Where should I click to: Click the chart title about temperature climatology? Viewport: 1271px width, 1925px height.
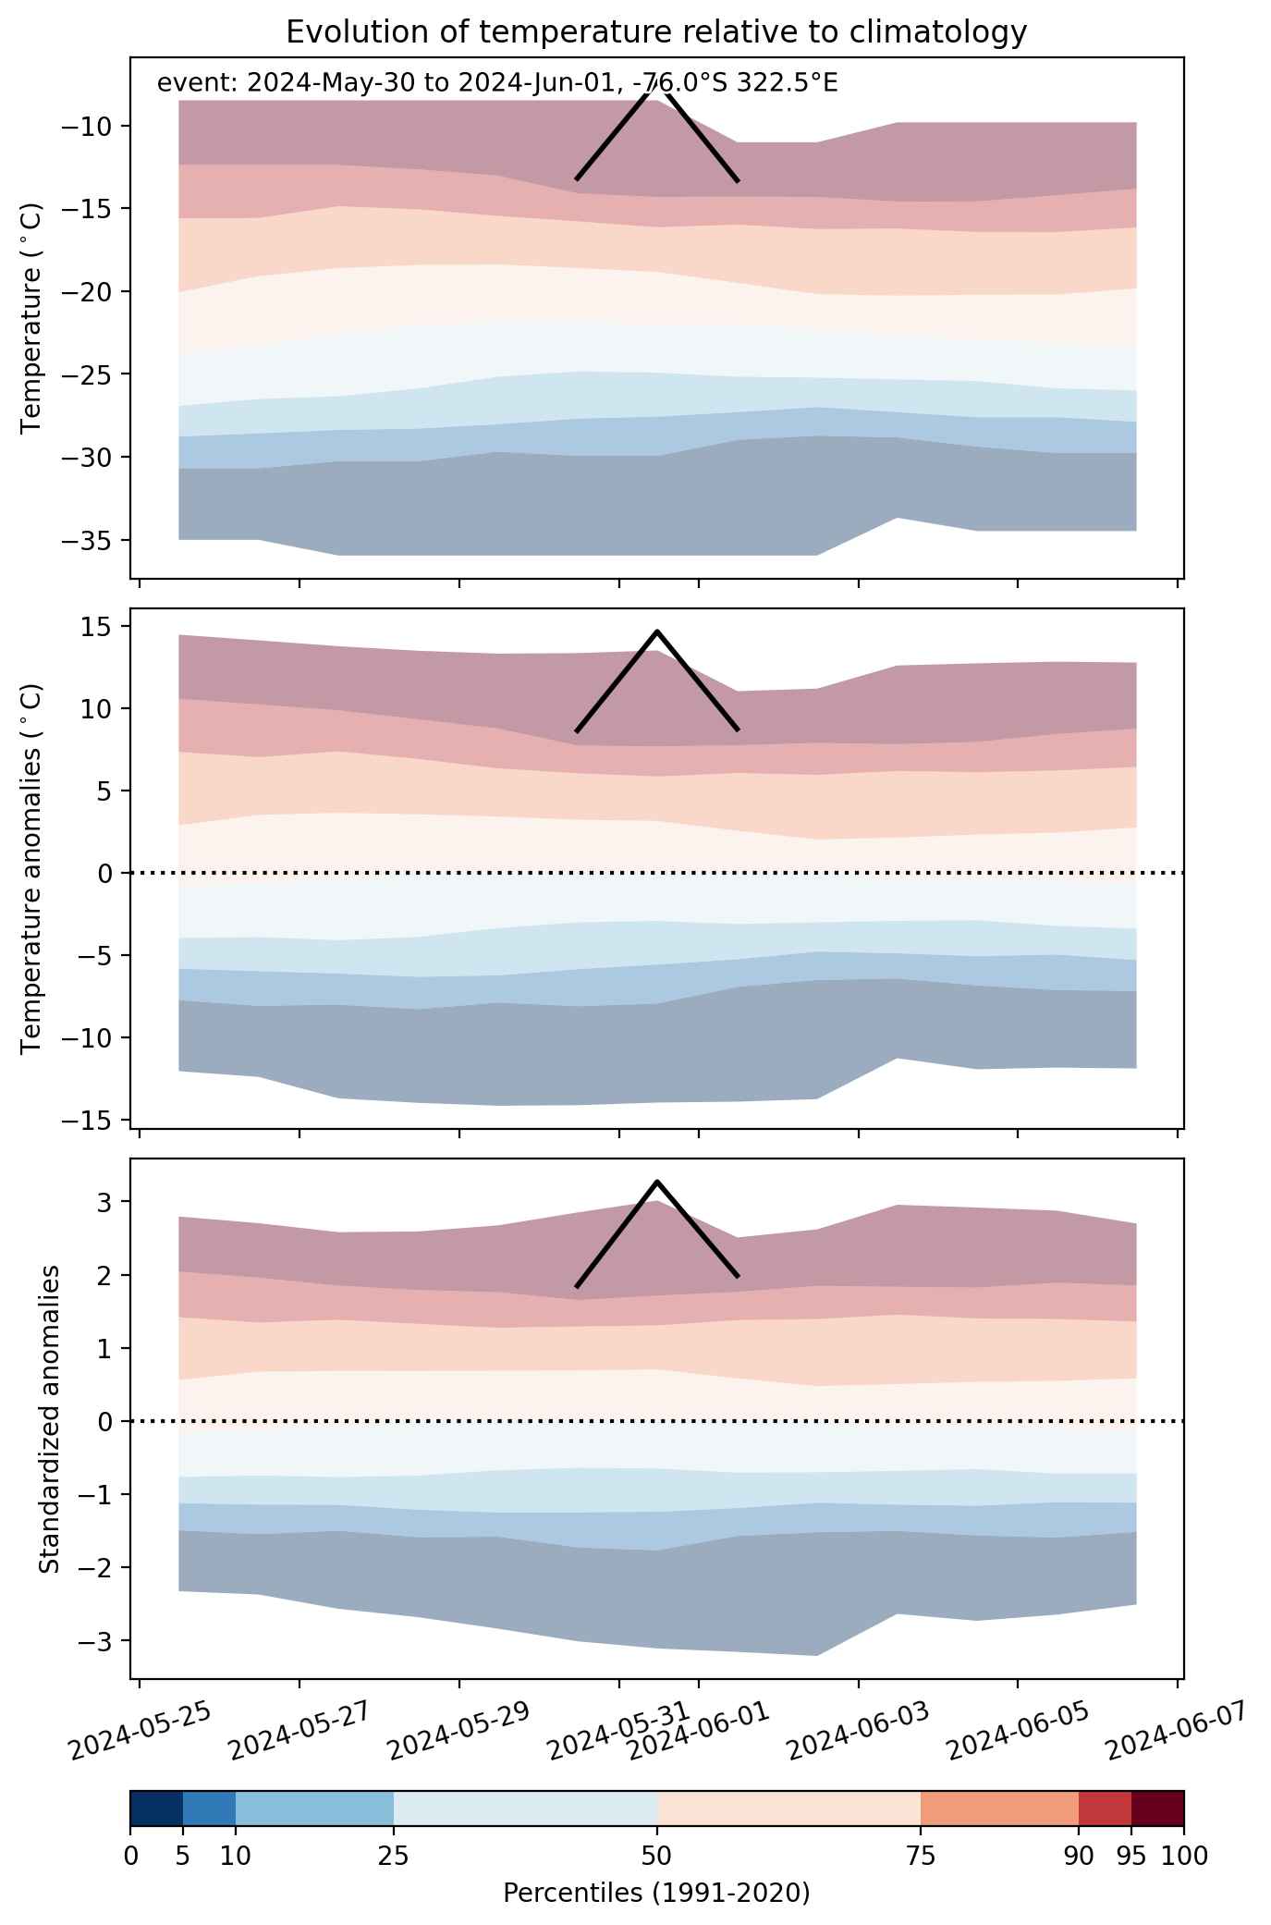point(656,32)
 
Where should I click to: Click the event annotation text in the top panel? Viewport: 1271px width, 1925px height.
point(497,83)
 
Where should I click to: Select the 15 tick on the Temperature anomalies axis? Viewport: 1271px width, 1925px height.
point(99,627)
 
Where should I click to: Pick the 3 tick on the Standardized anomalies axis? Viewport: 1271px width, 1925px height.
point(106,1202)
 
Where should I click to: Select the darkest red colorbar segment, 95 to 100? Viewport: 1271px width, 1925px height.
point(1157,1809)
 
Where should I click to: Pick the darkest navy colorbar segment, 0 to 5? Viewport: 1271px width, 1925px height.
point(156,1809)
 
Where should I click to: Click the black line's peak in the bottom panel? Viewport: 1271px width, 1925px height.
point(656,1182)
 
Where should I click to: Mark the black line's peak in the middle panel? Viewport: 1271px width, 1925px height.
point(656,631)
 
